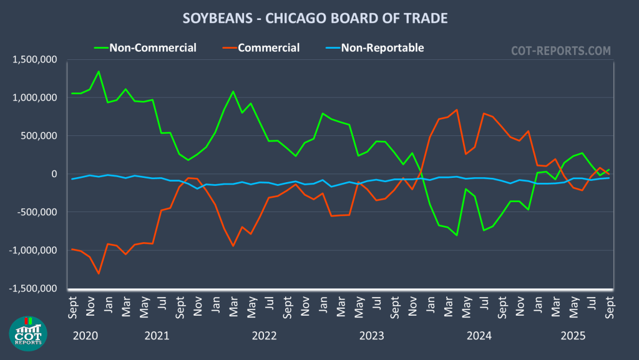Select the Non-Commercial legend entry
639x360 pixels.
point(152,47)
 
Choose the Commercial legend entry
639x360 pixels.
point(268,47)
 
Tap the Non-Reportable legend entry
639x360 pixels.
point(382,47)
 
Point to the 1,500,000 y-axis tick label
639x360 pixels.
point(35,60)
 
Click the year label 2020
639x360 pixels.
point(85,336)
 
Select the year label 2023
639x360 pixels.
point(372,336)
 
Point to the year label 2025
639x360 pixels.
point(573,336)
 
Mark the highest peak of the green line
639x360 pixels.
point(99,71)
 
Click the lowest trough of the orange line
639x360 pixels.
point(99,274)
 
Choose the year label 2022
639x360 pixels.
point(265,336)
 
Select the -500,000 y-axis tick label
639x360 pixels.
point(37,212)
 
